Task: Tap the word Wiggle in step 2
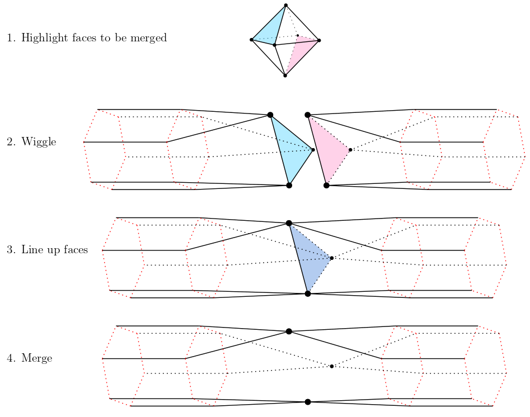pos(39,142)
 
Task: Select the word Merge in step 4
pos(36,358)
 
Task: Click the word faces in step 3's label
pos(74,250)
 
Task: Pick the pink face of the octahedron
pos(299,54)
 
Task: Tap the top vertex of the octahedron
pos(286,6)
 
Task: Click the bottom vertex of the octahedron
pos(285,75)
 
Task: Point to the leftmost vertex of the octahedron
pos(251,40)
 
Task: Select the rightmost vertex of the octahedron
pos(319,40)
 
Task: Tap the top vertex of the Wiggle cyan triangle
pos(270,115)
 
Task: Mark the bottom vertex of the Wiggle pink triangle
pos(326,185)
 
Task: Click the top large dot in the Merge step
pos(289,331)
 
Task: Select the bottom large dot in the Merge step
pos(308,402)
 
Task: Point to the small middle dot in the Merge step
pos(332,366)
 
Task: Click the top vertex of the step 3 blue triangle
pos(289,223)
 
